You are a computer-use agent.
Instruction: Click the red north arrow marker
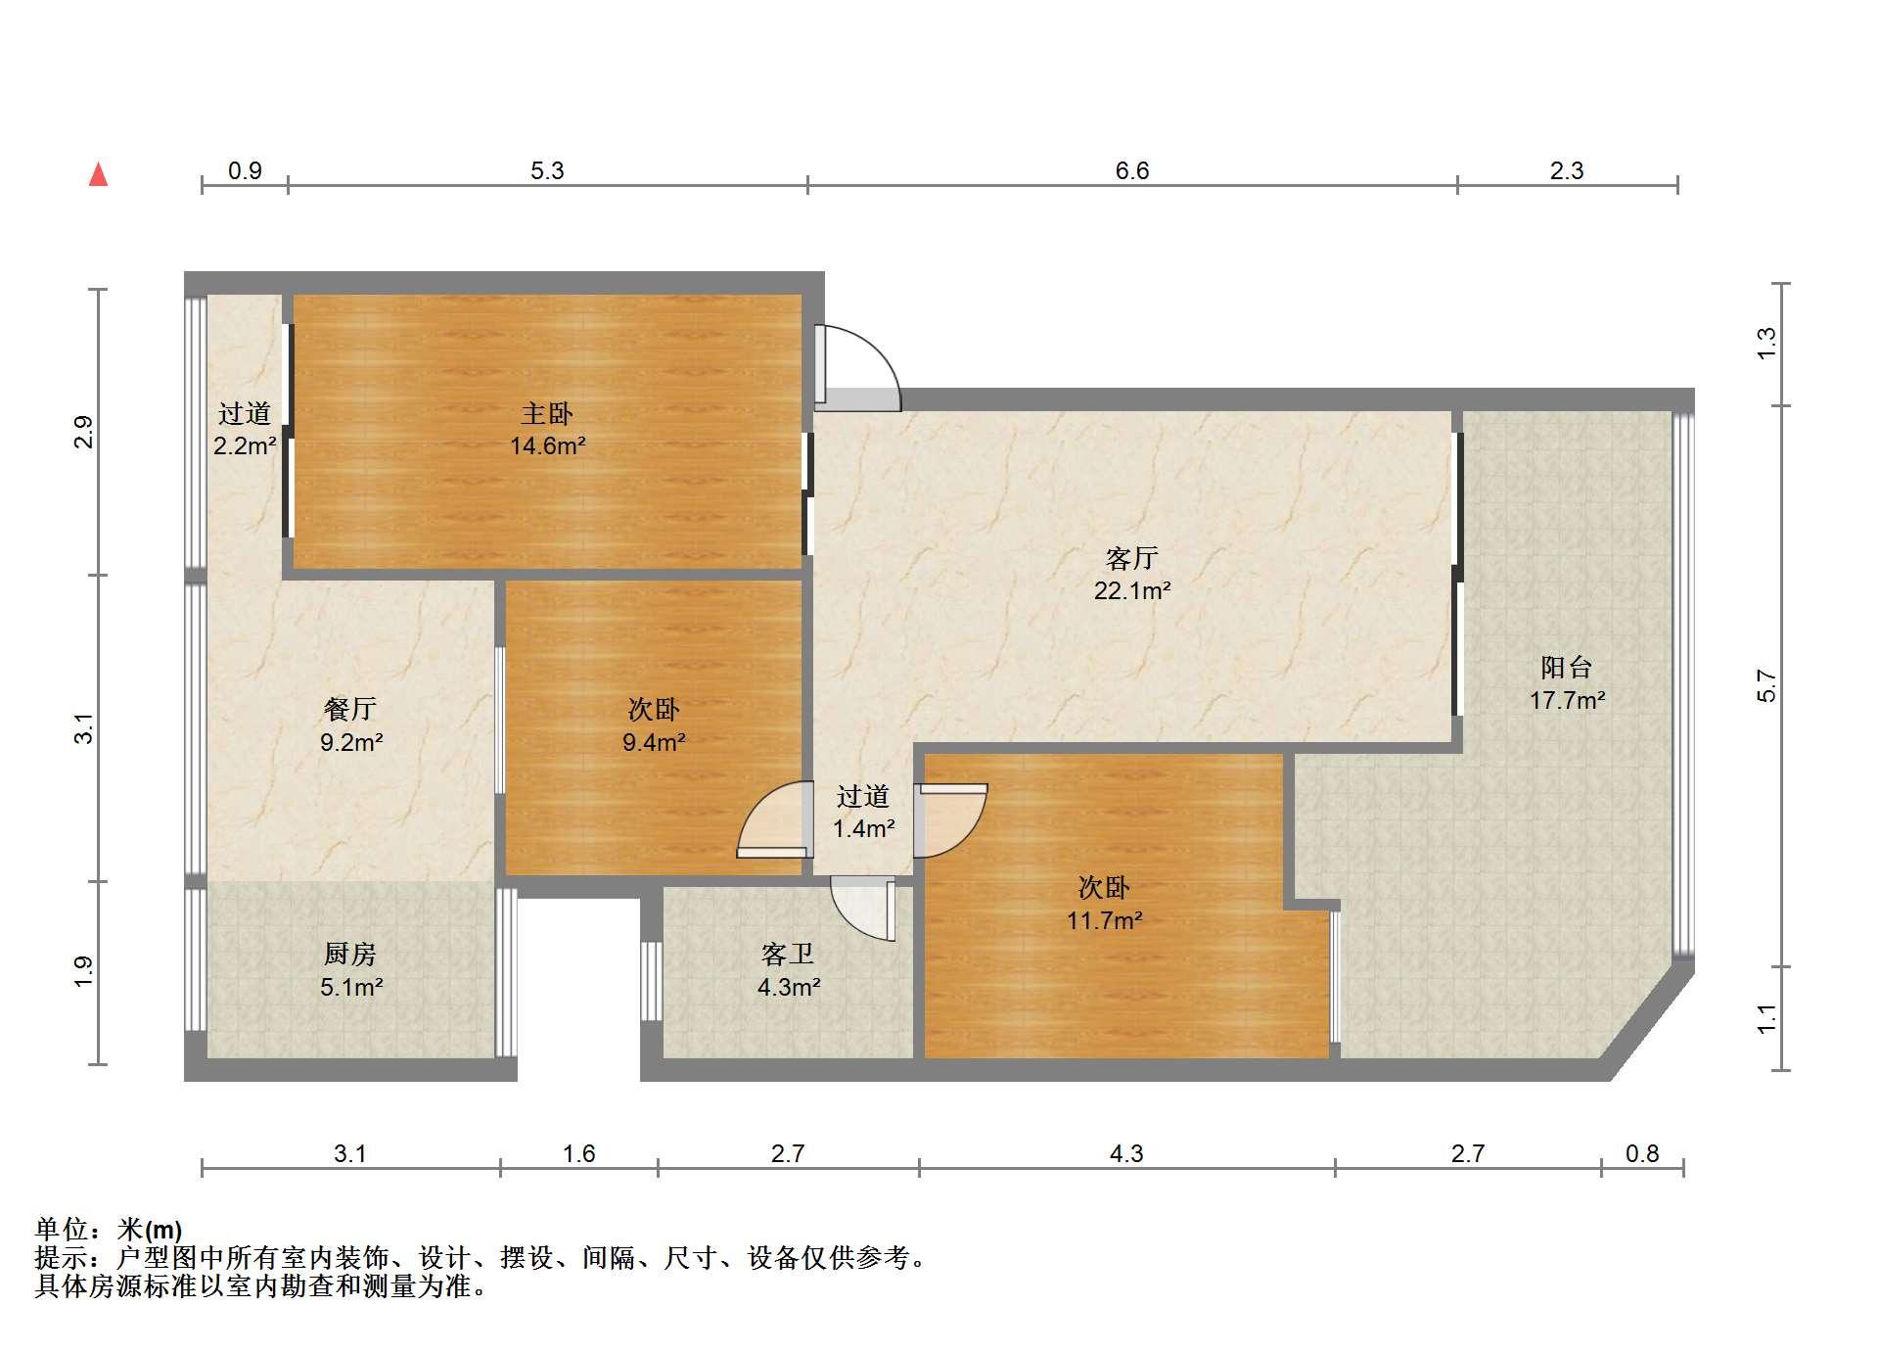(x=98, y=174)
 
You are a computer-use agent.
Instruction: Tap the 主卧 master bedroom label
(x=547, y=413)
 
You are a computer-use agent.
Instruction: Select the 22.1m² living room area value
(x=1132, y=590)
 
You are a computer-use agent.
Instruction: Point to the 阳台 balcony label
(x=1567, y=668)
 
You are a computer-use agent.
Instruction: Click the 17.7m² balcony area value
(x=1567, y=700)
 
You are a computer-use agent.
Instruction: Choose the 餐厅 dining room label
(x=350, y=709)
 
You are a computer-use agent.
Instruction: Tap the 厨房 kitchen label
(x=350, y=954)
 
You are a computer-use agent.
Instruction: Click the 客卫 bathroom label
(x=788, y=954)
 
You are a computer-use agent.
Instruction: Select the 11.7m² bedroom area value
(x=1105, y=920)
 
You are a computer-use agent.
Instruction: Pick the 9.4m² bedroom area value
(x=654, y=742)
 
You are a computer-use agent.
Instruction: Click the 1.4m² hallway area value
(x=863, y=829)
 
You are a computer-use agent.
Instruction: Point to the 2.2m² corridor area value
(x=245, y=446)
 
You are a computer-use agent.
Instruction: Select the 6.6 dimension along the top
(x=1132, y=171)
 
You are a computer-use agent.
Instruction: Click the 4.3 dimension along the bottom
(x=1126, y=1154)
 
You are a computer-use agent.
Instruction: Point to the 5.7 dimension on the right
(x=1766, y=685)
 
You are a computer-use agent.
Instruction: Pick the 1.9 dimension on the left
(x=84, y=970)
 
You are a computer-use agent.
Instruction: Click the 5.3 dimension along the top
(x=547, y=171)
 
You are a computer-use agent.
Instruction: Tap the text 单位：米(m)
(x=109, y=1230)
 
